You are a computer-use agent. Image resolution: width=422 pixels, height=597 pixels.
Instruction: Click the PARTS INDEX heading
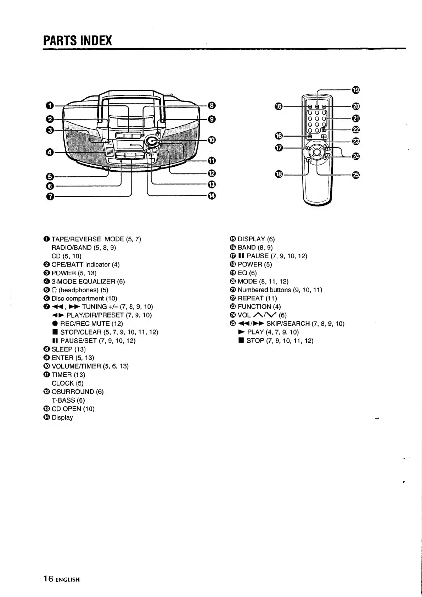click(77, 40)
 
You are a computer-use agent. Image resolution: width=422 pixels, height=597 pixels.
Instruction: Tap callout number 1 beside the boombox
click(50, 106)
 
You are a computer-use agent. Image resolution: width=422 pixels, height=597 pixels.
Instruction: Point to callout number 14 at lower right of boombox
click(211, 196)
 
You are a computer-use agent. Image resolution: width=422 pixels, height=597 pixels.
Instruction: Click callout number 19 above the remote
click(356, 90)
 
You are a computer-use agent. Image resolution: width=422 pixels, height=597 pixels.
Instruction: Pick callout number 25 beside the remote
click(356, 175)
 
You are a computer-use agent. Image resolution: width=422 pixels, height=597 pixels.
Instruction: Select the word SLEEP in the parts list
click(62, 349)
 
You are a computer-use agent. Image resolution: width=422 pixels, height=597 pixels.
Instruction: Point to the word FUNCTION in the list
click(254, 307)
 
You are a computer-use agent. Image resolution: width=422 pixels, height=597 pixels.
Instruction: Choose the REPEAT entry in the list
click(252, 298)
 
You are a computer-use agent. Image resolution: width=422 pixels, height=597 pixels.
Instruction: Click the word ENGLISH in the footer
click(68, 580)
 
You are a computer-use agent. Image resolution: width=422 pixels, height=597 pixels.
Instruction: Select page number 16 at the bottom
click(48, 579)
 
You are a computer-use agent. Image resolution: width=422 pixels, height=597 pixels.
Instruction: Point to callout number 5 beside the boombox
click(50, 177)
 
